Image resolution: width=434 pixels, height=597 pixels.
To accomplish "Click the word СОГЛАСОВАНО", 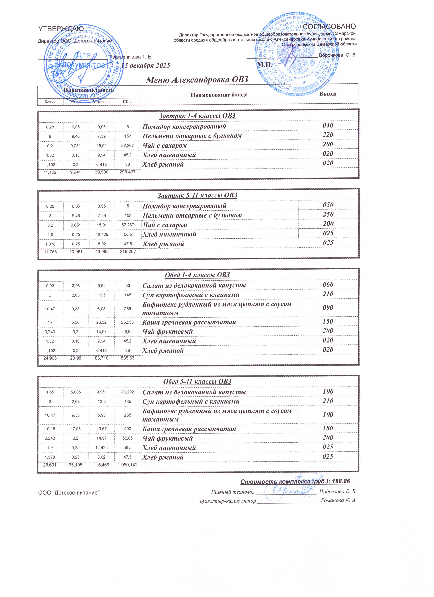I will (x=329, y=27).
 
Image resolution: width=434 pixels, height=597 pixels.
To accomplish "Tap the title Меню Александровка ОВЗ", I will (x=197, y=79).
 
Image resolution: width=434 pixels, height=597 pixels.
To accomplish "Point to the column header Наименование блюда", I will (x=219, y=95).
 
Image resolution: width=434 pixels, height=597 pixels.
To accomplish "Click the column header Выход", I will (x=328, y=94).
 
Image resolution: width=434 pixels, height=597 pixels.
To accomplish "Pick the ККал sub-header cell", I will (x=128, y=102).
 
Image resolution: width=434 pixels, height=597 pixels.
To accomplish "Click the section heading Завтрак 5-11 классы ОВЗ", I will (x=197, y=195).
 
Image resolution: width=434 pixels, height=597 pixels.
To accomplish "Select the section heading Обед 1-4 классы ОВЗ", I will (x=197, y=275).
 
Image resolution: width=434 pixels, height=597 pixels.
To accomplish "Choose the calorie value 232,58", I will (x=128, y=322).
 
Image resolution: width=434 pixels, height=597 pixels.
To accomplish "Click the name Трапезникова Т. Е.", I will (x=131, y=57).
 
